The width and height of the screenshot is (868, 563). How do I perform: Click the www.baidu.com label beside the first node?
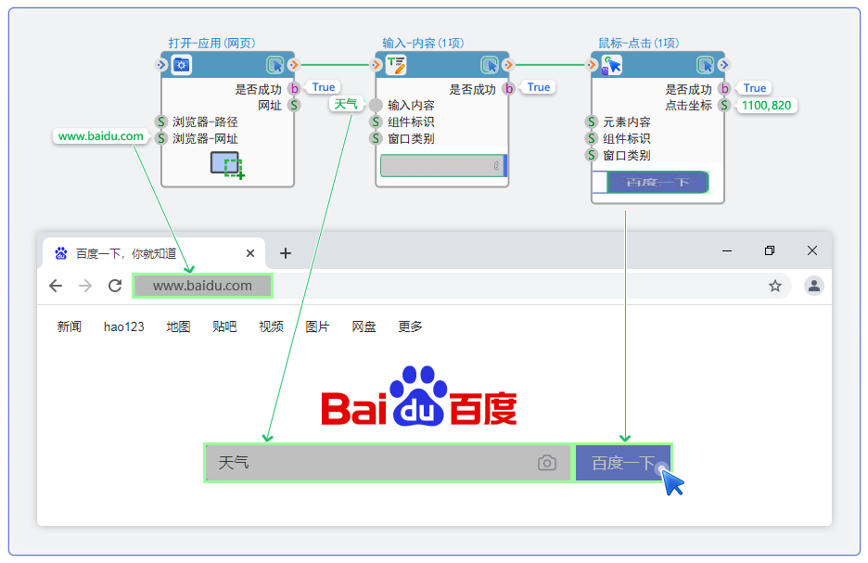click(101, 136)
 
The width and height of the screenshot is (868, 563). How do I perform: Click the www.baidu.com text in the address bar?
click(202, 286)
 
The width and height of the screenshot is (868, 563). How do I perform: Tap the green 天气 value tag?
click(346, 104)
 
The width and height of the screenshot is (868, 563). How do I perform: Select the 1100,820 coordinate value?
click(766, 106)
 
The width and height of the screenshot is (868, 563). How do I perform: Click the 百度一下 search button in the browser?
click(623, 463)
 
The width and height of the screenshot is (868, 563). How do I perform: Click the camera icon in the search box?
click(547, 463)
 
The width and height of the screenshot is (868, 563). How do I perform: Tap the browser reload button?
click(115, 286)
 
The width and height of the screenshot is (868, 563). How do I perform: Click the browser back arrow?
click(56, 286)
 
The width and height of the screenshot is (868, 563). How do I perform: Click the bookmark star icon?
click(775, 286)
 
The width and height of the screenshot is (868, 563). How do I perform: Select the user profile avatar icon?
click(814, 286)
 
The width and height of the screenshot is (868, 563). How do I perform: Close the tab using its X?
click(250, 253)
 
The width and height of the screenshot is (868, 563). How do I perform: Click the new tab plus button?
click(286, 253)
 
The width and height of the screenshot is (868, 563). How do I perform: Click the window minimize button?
click(728, 251)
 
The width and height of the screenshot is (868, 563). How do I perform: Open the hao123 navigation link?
click(124, 326)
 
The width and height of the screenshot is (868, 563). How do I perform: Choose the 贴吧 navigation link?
click(224, 326)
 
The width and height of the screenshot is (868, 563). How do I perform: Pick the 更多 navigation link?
click(410, 326)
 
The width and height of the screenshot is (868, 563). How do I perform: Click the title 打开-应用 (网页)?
click(211, 43)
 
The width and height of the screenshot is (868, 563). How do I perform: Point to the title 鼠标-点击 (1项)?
click(639, 43)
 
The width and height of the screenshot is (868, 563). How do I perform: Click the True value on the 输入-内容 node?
click(539, 87)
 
